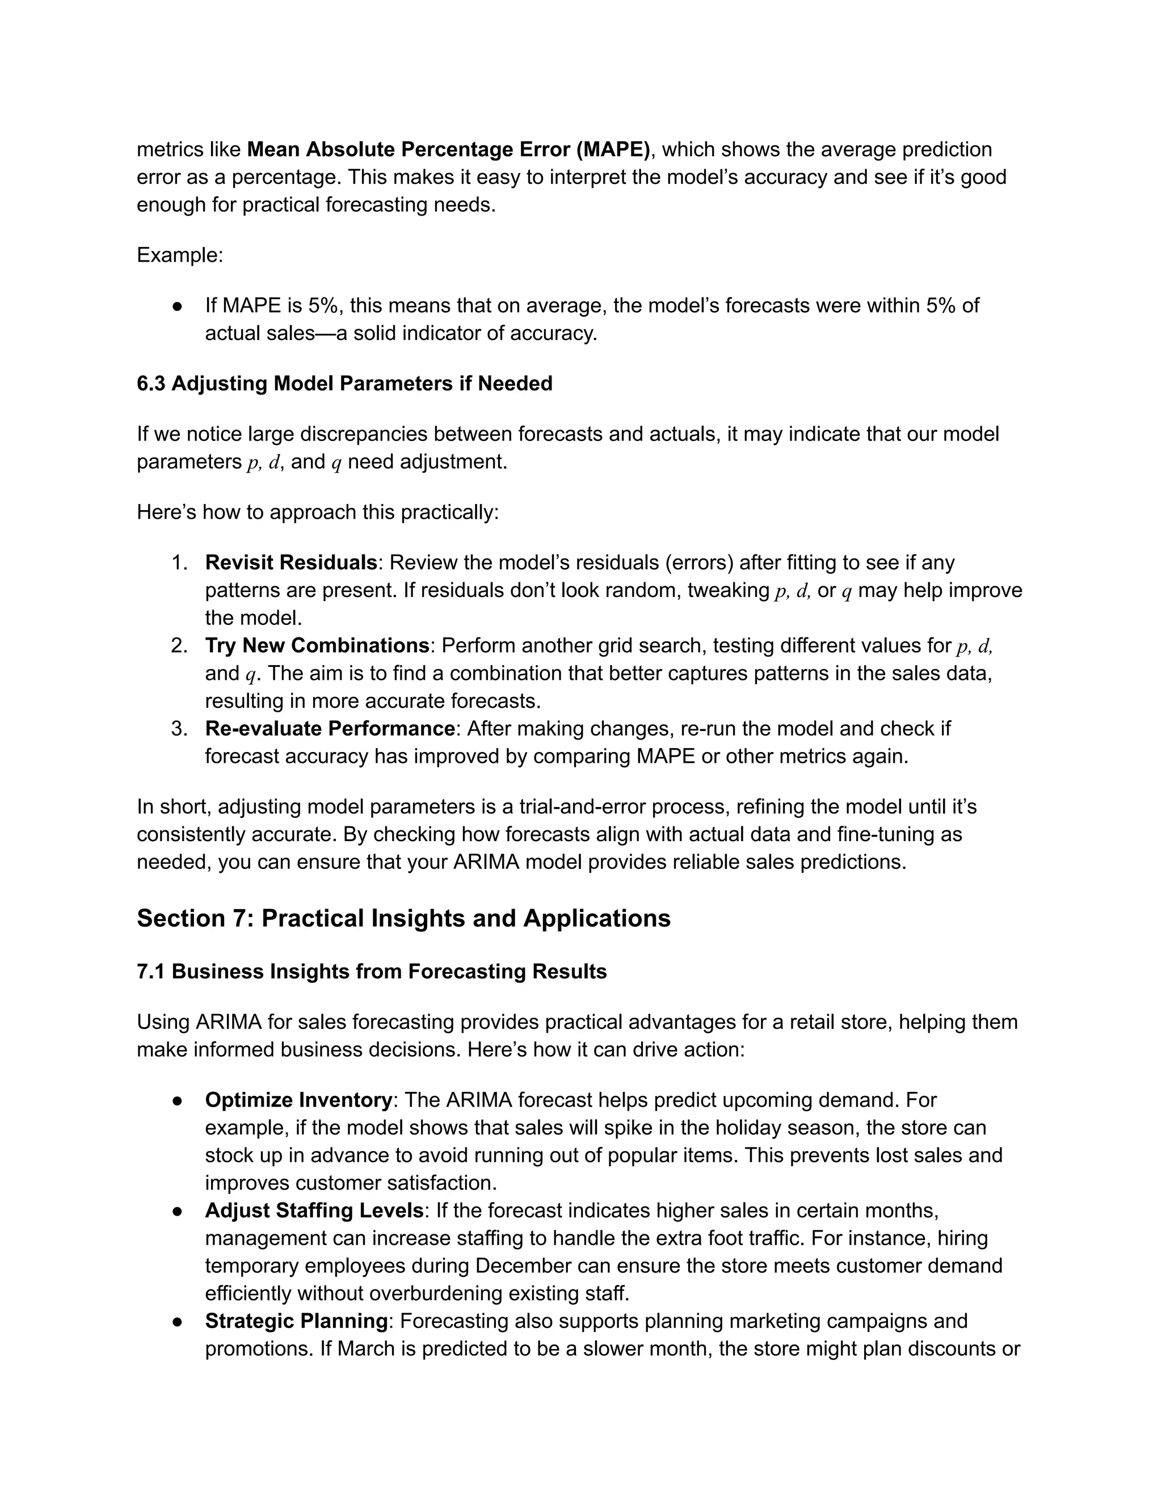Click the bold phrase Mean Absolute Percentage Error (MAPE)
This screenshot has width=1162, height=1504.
tap(448, 149)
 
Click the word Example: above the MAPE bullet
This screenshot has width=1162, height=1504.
tap(180, 255)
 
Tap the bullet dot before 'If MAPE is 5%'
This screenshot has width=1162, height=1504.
tap(177, 306)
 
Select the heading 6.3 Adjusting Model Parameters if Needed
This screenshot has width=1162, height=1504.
tap(344, 384)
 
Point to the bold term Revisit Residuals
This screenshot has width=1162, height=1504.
tap(290, 562)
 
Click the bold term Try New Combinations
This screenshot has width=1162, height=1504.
tap(317, 645)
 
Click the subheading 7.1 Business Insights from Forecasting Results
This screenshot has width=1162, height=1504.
tap(372, 972)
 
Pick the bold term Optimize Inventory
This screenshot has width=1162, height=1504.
tap(298, 1100)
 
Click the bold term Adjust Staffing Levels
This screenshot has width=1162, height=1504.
tap(314, 1210)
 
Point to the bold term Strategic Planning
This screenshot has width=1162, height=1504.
tap(296, 1321)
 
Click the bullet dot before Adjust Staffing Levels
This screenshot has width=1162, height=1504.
tap(177, 1211)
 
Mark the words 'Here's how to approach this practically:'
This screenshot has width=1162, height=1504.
tap(317, 512)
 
